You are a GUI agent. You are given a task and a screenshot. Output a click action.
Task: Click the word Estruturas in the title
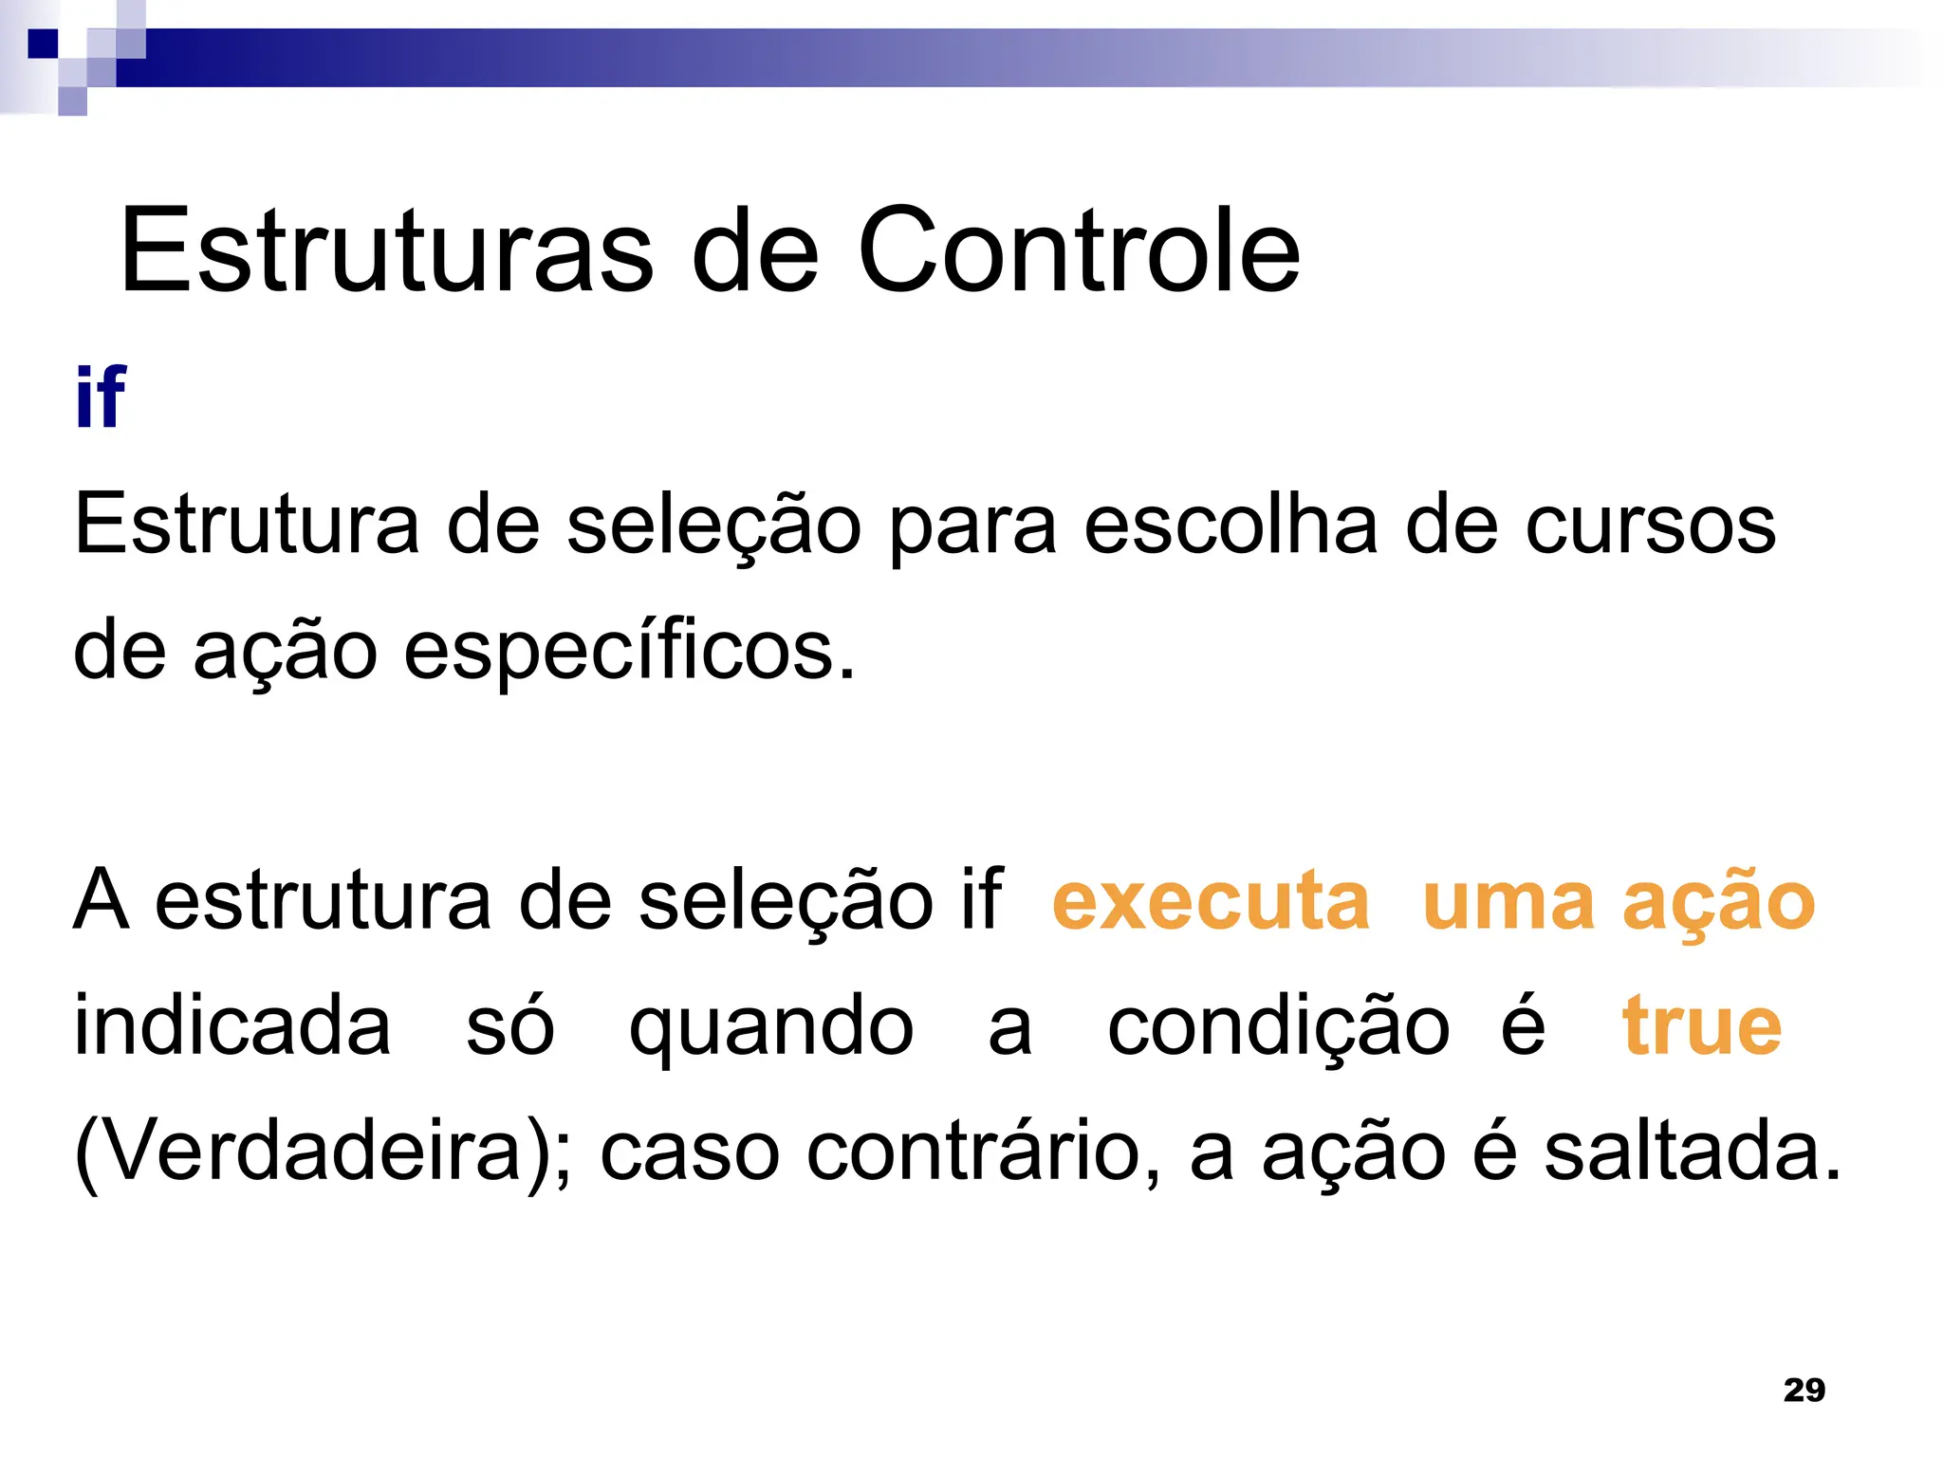pos(386,250)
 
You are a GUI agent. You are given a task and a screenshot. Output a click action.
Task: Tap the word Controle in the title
pos(1079,250)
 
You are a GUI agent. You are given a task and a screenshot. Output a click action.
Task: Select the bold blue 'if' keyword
pos(101,397)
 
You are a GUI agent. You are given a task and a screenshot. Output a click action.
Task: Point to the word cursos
pos(1650,526)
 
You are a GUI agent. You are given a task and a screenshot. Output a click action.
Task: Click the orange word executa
pos(1211,900)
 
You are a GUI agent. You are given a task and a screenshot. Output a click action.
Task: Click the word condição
pos(1278,1028)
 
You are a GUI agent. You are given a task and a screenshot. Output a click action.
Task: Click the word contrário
pos(983,1151)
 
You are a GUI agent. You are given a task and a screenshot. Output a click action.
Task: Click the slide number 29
pos(1804,1390)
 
